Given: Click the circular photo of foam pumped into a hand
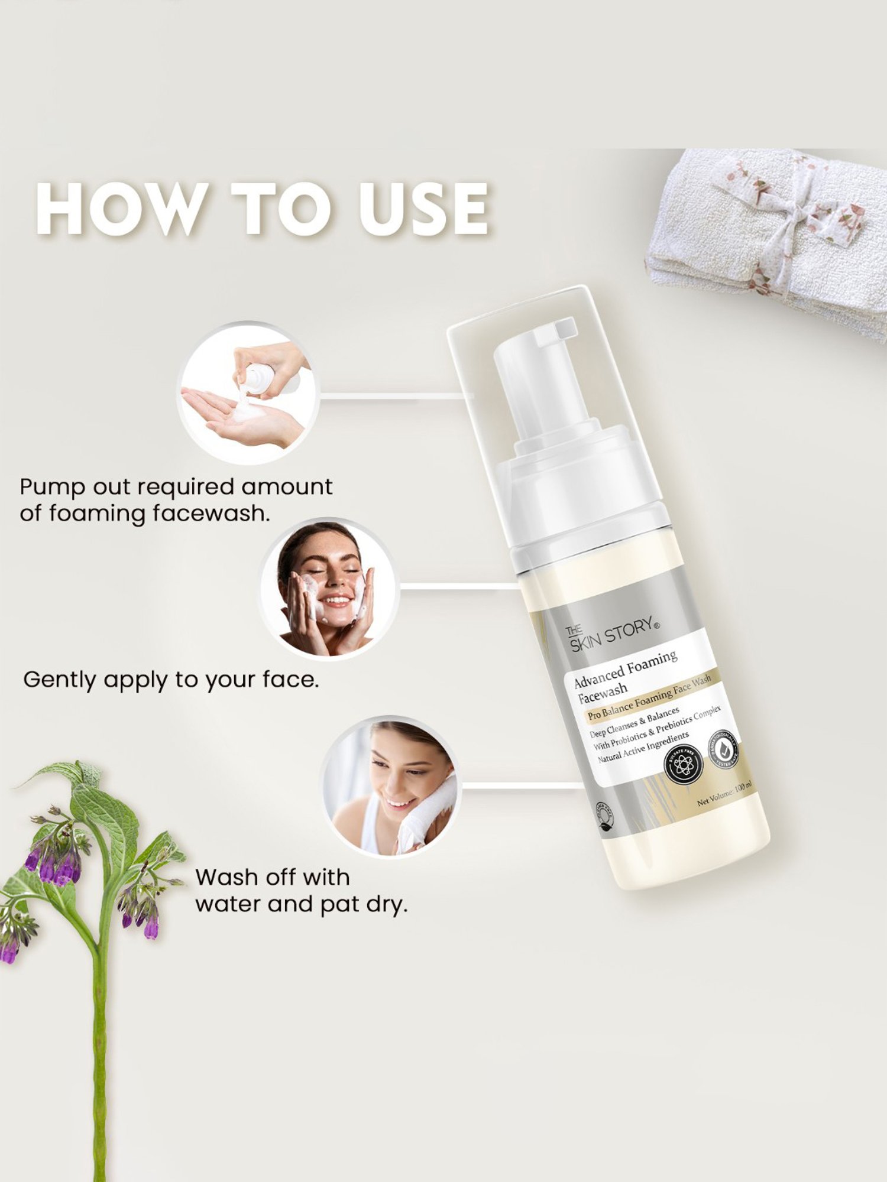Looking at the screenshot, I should click(x=248, y=394).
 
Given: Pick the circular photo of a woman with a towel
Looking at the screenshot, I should click(x=391, y=787).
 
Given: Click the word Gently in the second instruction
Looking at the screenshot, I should click(x=59, y=680).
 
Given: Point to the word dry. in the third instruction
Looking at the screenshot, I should click(x=387, y=905).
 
